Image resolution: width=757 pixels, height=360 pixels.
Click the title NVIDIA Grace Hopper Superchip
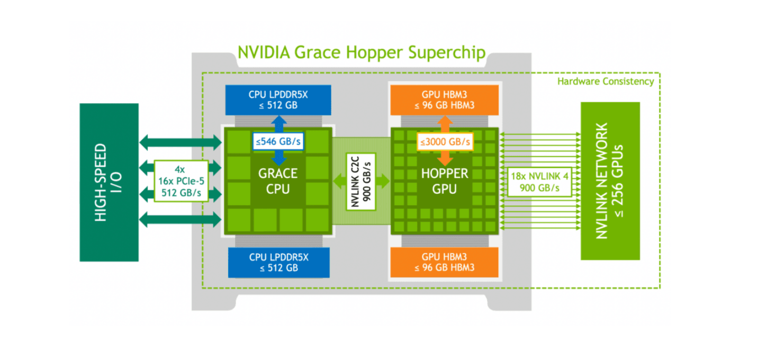coord(362,53)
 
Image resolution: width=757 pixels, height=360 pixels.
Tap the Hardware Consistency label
coord(606,82)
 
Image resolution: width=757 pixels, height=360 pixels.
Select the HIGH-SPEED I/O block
coord(109,182)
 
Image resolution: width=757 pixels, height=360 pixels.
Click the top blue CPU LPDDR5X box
coord(278,100)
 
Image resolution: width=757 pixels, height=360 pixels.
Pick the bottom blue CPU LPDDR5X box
coord(279,262)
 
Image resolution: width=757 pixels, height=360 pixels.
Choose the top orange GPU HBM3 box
coord(444,100)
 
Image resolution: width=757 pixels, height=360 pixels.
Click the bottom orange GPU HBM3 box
coord(444,262)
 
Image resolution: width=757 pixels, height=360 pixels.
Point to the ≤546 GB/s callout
coord(278,141)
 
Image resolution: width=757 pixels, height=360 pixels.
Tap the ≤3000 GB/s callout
coord(445,142)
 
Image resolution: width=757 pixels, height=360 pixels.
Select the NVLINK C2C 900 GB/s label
coord(361,182)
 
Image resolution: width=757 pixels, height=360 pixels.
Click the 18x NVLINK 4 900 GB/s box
coord(540,182)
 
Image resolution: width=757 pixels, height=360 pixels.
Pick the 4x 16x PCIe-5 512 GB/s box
coord(181,181)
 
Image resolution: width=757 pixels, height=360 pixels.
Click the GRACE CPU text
coord(278,181)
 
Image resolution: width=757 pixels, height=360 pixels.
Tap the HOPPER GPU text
coord(444,181)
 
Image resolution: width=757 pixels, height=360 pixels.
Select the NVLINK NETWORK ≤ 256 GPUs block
coord(610,181)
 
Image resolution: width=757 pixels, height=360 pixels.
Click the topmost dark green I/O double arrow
coord(181,142)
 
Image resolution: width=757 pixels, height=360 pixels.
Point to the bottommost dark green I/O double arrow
coord(181,219)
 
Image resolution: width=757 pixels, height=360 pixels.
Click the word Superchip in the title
coord(447,53)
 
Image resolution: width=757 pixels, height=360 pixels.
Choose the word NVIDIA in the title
coord(264,52)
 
